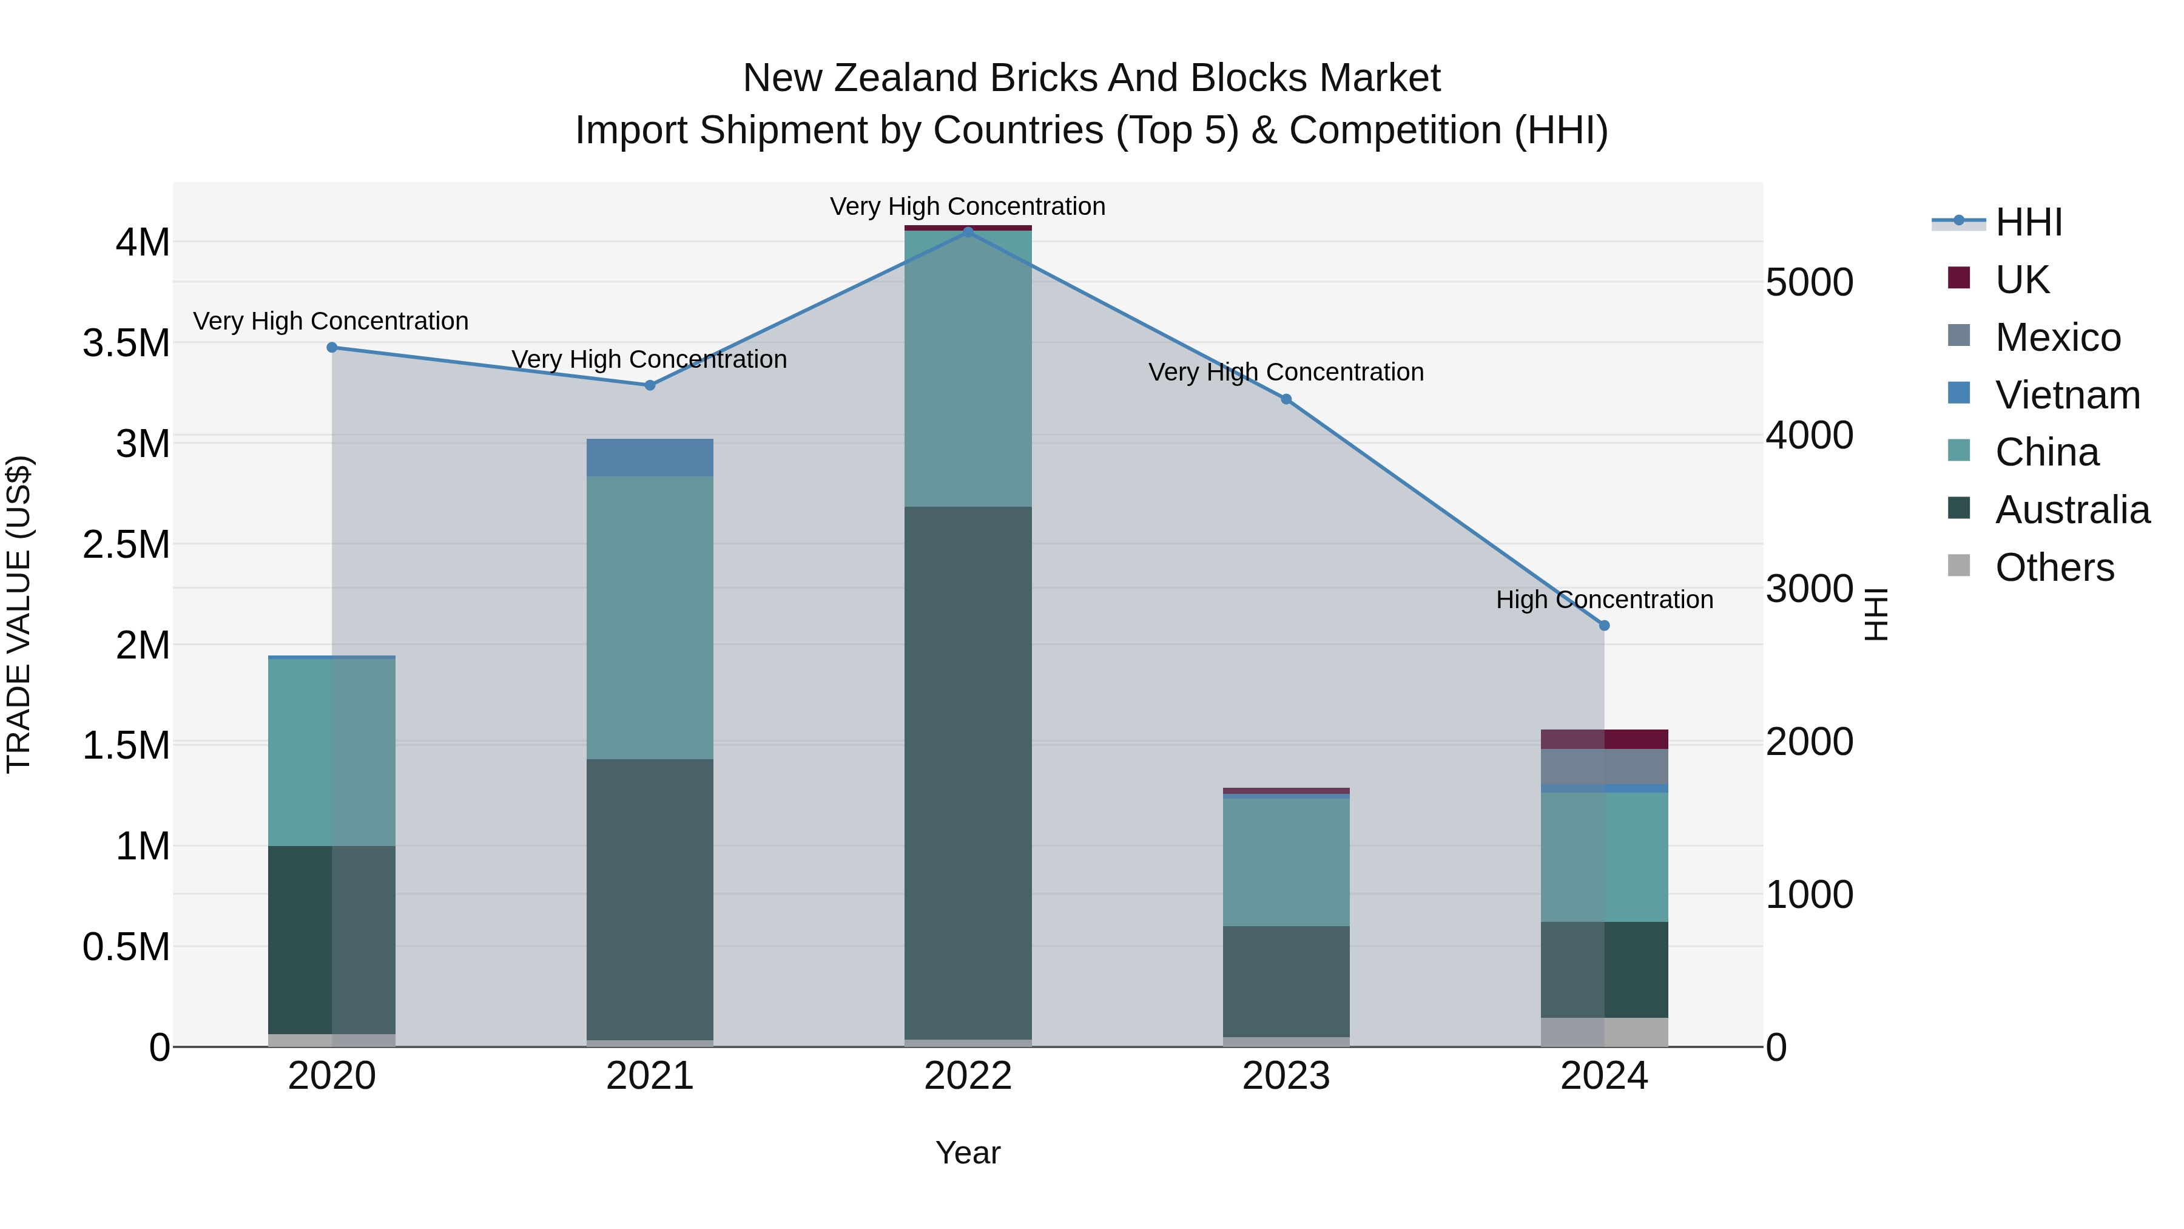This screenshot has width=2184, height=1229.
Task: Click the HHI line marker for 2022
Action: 968,232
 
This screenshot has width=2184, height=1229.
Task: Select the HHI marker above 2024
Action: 1604,626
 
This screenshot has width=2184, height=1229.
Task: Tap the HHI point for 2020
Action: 331,348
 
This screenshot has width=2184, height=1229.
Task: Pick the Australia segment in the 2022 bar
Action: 968,772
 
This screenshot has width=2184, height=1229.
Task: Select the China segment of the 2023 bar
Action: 1286,862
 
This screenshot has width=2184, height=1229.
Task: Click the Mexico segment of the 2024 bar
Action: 1604,767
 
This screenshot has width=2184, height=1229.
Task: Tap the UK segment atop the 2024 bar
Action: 1604,739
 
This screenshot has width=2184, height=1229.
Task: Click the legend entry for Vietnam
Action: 2067,395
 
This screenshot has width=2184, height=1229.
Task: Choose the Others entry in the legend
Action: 2054,567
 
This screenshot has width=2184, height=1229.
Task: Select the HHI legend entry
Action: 2028,222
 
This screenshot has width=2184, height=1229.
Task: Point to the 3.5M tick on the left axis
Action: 126,344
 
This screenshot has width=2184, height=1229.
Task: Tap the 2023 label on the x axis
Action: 1286,1076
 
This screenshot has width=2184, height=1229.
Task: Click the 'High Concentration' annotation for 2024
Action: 1604,600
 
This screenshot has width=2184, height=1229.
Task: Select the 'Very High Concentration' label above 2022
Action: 968,206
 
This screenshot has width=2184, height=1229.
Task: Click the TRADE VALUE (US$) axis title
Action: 19,614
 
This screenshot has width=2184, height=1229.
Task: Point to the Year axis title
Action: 968,1153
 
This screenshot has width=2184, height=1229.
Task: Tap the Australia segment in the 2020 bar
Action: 331,940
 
